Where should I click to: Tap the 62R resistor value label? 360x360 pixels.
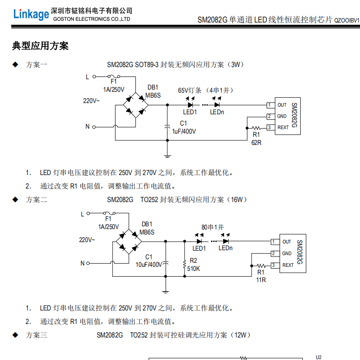(256, 143)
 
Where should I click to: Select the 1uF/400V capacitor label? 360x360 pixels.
(184, 131)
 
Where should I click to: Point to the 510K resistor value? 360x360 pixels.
(193, 269)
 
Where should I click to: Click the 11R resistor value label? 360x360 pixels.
(261, 280)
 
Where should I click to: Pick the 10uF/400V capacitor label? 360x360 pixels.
(148, 265)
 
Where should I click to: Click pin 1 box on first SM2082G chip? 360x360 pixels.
(269, 105)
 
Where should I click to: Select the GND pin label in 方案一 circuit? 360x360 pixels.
(282, 116)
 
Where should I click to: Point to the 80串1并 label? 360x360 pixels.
(212, 227)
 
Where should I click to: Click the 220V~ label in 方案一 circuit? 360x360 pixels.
(91, 101)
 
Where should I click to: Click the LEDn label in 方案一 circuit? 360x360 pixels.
(217, 112)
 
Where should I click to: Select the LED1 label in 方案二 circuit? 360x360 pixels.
(199, 248)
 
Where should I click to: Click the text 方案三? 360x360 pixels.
(36, 335)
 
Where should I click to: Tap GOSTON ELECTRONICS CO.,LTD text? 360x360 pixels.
(91, 19)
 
